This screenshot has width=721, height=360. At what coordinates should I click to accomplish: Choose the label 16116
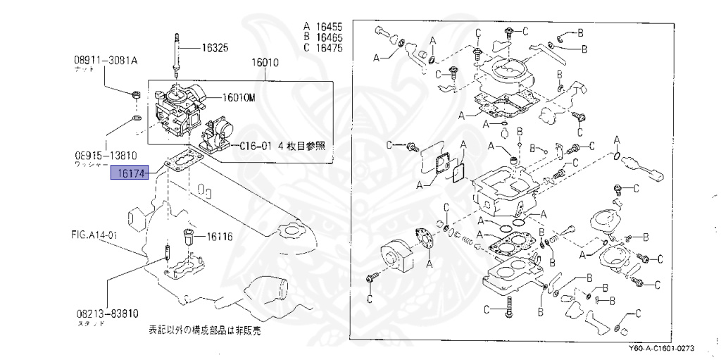219,236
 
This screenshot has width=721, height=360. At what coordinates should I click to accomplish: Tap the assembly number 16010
264,62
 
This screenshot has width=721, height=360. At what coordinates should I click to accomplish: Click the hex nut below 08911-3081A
137,94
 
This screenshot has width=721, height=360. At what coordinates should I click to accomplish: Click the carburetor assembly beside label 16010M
180,109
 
